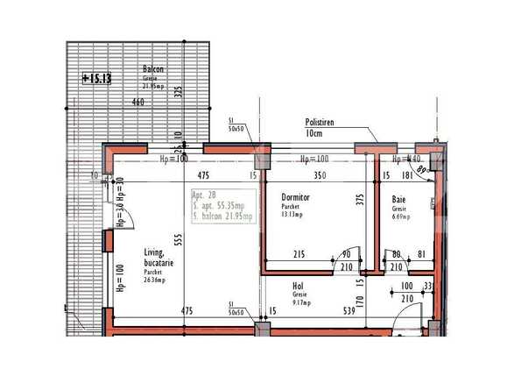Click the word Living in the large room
click(x=155, y=253)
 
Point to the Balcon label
click(x=154, y=69)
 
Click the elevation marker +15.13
click(x=96, y=78)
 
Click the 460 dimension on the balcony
click(x=137, y=103)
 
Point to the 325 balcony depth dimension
click(x=178, y=92)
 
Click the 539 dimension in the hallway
click(x=349, y=310)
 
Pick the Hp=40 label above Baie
click(x=407, y=160)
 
